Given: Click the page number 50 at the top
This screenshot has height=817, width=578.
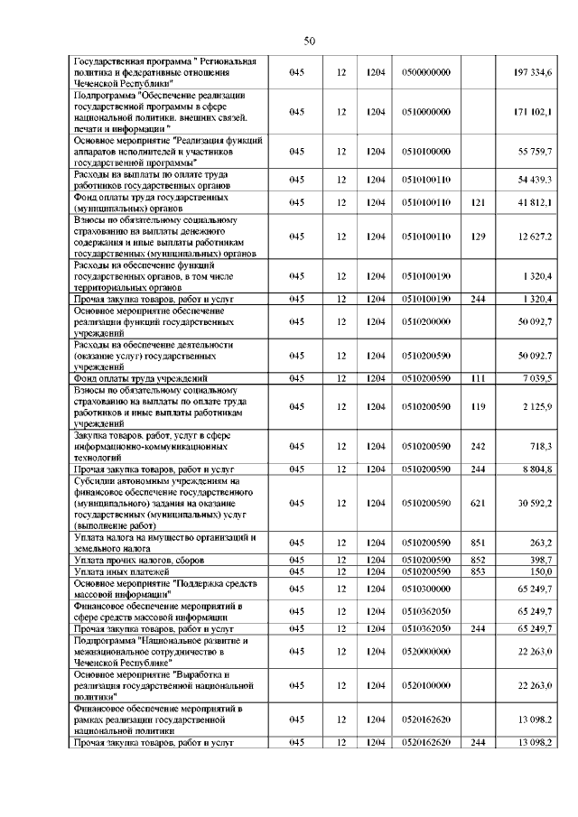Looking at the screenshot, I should point(309,41).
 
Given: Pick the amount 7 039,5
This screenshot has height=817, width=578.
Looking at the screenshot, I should point(539,378).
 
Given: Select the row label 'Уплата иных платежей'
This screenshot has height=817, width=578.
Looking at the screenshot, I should point(118,571).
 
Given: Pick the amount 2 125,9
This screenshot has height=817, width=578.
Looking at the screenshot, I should point(539,406).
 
